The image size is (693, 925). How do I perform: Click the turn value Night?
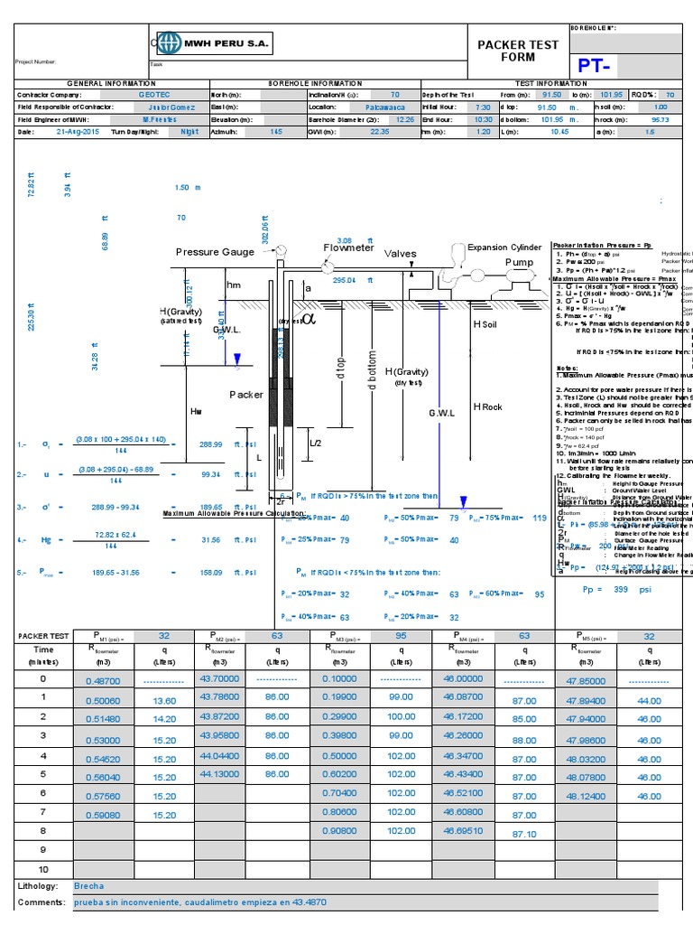pos(189,132)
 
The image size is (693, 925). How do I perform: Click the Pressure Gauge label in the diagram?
pos(215,252)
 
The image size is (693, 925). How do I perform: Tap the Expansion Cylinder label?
pos(504,247)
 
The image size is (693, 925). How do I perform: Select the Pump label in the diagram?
pos(519,262)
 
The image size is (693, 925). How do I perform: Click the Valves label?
pos(402,254)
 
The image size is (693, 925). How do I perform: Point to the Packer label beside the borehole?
pos(245,395)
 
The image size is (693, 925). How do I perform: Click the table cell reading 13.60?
pos(165,700)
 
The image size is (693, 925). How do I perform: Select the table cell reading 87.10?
pos(523,834)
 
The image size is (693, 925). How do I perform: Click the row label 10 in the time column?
pos(42,868)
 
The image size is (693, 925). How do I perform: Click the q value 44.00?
pos(649,701)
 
